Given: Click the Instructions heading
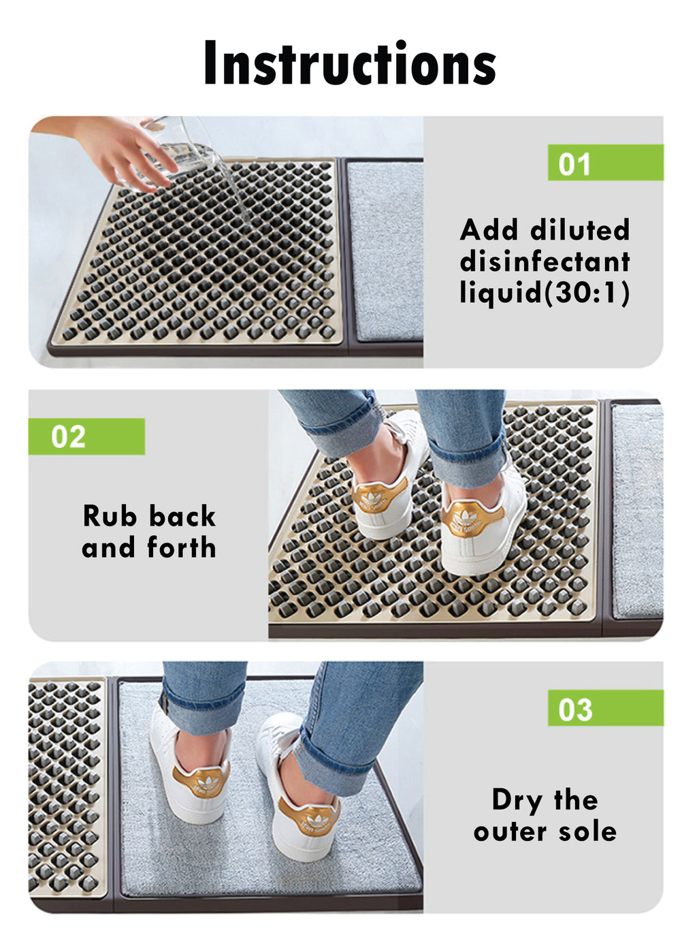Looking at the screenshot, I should click(x=349, y=63).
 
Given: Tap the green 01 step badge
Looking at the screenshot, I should click(x=604, y=163).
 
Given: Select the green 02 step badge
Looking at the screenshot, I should click(x=86, y=436).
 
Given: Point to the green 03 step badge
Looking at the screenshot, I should click(x=604, y=708).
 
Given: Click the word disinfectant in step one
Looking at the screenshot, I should click(x=545, y=261).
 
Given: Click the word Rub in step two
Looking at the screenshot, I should click(x=110, y=516).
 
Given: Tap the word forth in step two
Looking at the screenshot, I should click(x=182, y=547).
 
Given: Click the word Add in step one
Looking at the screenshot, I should click(x=489, y=230).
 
